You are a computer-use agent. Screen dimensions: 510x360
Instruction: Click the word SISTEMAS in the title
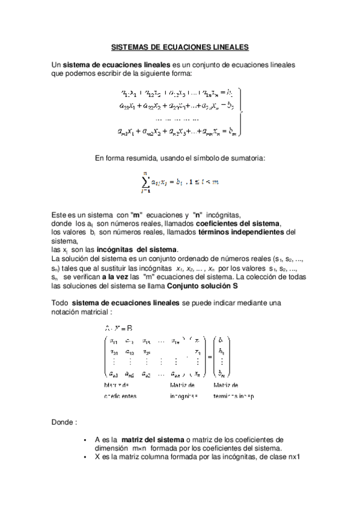[129, 46]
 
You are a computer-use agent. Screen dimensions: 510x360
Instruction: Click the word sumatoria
[247, 158]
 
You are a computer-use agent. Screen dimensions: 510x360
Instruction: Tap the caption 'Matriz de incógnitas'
[183, 390]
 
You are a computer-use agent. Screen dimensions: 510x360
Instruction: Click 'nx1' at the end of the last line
[293, 456]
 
